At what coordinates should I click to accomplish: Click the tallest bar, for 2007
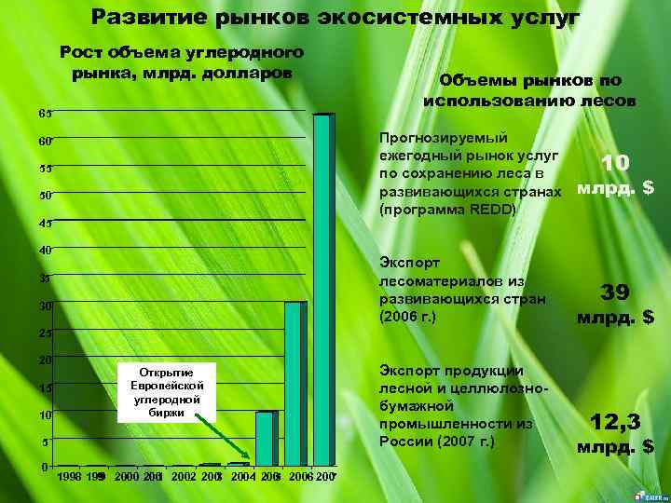point(322,289)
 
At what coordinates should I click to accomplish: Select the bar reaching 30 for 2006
point(294,383)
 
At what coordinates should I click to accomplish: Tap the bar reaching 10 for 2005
point(266,438)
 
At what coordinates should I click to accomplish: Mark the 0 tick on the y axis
point(46,467)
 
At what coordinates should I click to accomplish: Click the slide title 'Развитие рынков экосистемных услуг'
point(335,18)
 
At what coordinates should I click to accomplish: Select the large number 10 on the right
point(615,163)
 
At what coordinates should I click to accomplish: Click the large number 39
point(615,292)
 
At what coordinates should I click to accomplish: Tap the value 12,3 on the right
point(615,423)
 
